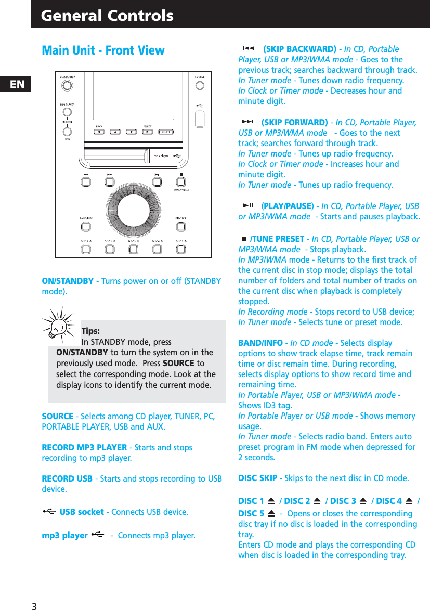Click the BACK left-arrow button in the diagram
99,132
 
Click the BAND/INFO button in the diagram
86,227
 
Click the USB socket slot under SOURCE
199,120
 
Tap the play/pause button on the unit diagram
157,182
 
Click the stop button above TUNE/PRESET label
180,182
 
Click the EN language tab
17,84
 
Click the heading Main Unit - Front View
103,50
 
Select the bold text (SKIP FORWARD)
294,123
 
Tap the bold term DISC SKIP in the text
257,478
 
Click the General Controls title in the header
107,16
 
